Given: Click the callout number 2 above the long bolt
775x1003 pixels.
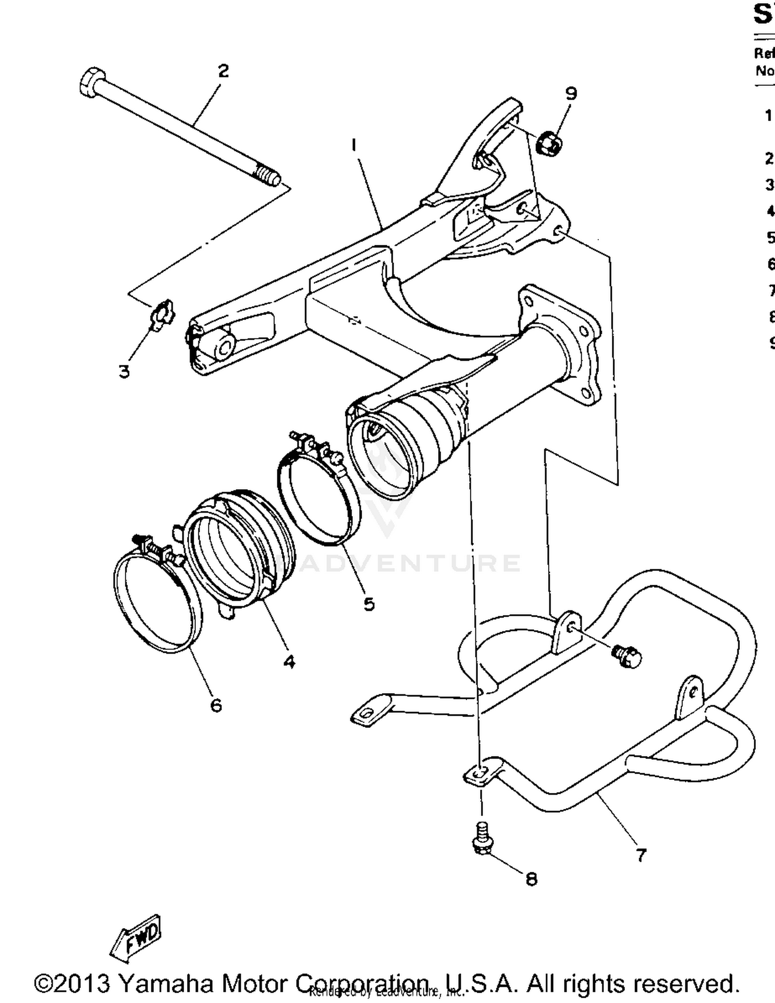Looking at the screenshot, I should coord(223,71).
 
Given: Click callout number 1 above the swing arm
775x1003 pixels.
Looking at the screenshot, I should coord(353,146).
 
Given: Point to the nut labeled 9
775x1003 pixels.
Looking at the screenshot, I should coord(550,144).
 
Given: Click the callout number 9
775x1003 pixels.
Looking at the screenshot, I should coord(570,94).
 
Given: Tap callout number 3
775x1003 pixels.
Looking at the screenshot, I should coord(124,371).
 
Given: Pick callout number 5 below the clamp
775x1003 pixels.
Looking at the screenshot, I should coord(368,604).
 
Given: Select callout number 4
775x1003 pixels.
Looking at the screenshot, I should coord(289,661).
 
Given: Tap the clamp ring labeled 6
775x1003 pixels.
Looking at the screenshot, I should coord(158,602).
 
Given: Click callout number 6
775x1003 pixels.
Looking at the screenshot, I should coord(216,705).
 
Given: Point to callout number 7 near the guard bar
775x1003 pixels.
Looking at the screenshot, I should coord(641,856).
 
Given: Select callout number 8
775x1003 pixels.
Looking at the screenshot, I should coord(531,879).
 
